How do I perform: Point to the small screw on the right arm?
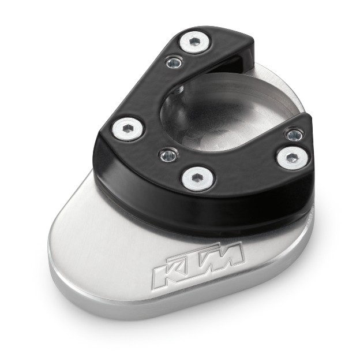pyautogui.click(x=294, y=135)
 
